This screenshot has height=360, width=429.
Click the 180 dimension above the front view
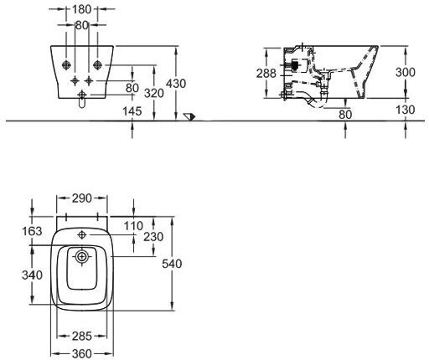[81, 9]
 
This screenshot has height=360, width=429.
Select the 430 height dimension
[176, 84]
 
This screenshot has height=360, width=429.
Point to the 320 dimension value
[154, 93]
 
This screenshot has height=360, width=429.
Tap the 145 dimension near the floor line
[132, 111]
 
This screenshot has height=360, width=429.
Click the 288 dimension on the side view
[266, 74]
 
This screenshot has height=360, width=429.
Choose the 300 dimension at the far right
[406, 72]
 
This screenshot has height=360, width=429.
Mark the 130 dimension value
[406, 110]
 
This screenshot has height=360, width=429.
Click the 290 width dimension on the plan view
[82, 198]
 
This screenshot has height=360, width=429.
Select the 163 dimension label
[32, 231]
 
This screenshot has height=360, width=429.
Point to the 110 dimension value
[133, 226]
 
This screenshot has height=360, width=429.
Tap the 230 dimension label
[153, 237]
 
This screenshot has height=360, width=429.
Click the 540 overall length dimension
[172, 264]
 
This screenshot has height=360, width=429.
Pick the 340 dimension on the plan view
[32, 275]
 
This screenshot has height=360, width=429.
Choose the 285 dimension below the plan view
[82, 337]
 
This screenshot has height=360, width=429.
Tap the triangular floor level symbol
[189, 117]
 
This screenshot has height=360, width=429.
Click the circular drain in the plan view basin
[81, 256]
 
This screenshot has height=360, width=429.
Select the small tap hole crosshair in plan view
[82, 235]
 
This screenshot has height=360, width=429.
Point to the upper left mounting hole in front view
[66, 65]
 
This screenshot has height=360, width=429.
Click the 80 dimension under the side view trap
[345, 115]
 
